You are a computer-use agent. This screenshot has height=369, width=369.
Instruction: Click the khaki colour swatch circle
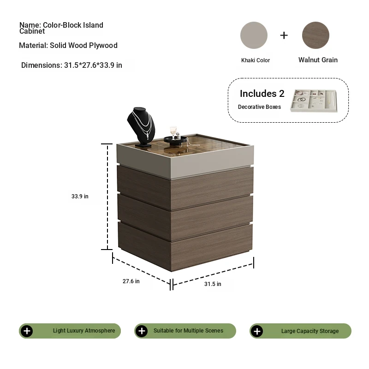click(254, 36)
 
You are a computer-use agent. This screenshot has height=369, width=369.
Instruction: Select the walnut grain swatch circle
click(315, 36)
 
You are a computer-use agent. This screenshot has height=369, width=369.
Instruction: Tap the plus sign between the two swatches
click(284, 36)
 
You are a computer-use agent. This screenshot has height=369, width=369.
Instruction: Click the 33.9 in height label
click(80, 196)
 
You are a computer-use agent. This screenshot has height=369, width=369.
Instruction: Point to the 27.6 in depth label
click(131, 281)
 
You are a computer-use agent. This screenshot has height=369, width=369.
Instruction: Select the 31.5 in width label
click(213, 284)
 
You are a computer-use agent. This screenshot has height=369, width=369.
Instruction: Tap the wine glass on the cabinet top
click(173, 132)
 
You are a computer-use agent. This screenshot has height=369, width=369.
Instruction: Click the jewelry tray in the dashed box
click(314, 101)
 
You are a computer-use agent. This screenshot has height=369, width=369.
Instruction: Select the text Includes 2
click(262, 94)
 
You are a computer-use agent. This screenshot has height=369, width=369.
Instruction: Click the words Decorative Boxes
click(259, 107)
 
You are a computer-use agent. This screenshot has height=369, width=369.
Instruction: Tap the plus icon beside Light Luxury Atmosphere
click(27, 331)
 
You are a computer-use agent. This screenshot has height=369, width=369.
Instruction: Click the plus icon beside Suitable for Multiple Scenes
click(142, 331)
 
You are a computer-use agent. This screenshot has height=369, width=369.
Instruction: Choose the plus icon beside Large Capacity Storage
click(257, 331)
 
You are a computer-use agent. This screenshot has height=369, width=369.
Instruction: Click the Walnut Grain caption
click(318, 60)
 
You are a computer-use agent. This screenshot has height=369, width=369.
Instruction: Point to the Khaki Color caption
click(256, 60)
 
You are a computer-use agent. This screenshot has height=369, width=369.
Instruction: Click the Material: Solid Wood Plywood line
click(68, 45)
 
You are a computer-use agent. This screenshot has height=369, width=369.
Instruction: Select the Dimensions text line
click(71, 65)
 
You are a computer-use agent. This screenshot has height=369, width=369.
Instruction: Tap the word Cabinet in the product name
click(32, 31)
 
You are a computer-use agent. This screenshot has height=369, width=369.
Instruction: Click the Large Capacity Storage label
click(310, 331)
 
